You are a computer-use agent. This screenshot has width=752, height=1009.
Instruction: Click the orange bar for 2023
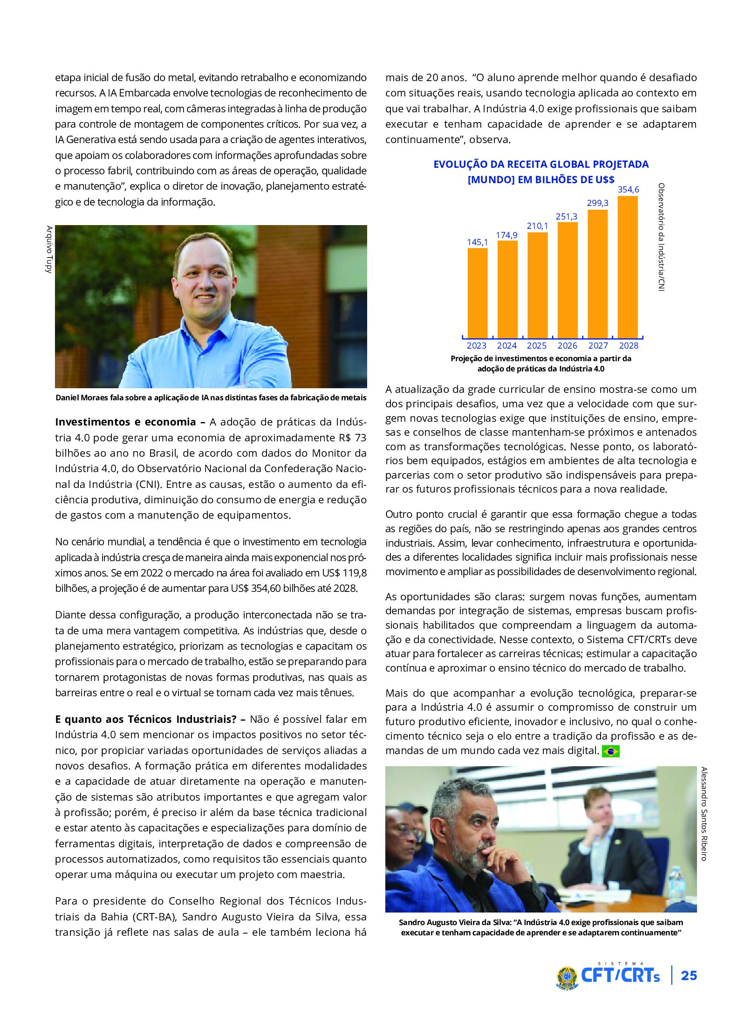click(x=477, y=293)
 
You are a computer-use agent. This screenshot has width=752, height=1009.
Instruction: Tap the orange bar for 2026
click(x=567, y=280)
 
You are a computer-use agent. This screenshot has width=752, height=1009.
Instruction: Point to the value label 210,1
click(x=537, y=226)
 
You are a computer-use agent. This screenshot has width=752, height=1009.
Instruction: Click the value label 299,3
click(x=597, y=203)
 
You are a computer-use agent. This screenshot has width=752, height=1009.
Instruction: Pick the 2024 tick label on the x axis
click(x=506, y=346)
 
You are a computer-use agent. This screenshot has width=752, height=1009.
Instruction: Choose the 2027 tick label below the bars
click(x=598, y=346)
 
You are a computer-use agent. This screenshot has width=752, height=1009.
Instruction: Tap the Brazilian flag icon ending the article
click(x=610, y=751)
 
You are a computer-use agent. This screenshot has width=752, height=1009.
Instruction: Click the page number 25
click(x=689, y=976)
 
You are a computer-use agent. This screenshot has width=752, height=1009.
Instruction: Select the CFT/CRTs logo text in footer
click(x=620, y=976)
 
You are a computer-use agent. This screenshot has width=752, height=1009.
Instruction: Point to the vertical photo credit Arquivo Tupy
click(x=49, y=249)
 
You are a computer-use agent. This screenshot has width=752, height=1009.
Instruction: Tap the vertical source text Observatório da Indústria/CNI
click(x=661, y=237)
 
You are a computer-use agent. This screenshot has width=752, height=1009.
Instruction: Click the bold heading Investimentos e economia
click(x=125, y=422)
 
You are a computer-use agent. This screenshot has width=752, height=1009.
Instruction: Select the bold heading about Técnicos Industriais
click(x=146, y=720)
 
